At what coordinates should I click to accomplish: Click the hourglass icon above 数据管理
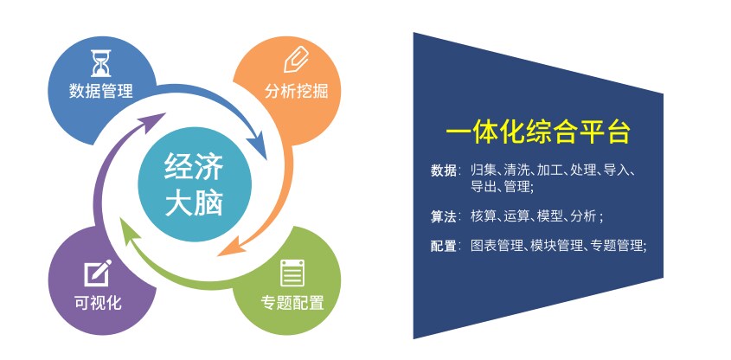tap(100, 63)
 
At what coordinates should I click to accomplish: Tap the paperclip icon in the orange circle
tap(297, 61)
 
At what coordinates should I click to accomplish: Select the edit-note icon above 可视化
tap(98, 273)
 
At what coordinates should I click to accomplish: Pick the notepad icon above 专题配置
tap(292, 273)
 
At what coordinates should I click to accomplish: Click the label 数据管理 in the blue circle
tap(100, 91)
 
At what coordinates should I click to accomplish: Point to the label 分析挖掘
tap(297, 91)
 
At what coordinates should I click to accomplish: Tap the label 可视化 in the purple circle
tap(98, 303)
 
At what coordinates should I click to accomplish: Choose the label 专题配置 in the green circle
tap(292, 303)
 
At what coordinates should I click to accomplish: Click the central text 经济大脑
tap(194, 184)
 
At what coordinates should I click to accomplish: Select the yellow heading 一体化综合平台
tap(538, 132)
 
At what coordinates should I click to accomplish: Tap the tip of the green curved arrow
tap(122, 218)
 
